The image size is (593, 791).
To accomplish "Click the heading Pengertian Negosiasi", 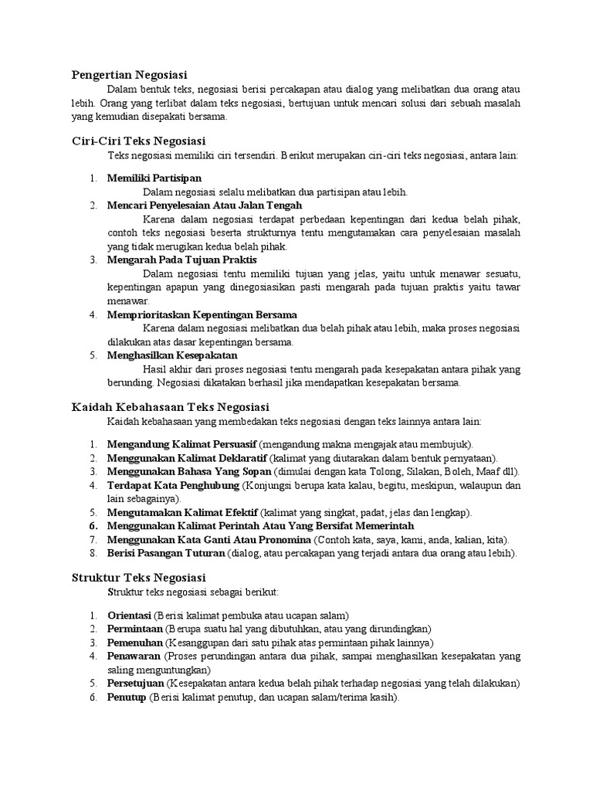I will click(130, 75).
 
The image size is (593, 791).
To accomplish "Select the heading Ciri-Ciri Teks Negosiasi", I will click(138, 141).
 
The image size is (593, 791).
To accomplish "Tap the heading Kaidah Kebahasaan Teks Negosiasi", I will click(170, 406).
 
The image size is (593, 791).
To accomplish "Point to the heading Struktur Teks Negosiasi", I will click(138, 577).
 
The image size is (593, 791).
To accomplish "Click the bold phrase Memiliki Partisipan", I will click(154, 178).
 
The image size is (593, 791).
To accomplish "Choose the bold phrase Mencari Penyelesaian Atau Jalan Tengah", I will click(205, 205).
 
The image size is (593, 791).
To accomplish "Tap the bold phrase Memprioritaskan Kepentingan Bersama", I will click(202, 314).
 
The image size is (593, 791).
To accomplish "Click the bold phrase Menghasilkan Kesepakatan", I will click(172, 355).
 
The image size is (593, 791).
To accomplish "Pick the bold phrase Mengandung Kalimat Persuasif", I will click(181, 444).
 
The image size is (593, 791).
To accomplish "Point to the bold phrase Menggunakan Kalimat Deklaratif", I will click(185, 458).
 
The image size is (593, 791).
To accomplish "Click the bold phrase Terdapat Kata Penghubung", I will click(174, 486).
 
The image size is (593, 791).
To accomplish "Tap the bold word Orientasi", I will click(129, 616).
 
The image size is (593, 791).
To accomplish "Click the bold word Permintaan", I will click(134, 629).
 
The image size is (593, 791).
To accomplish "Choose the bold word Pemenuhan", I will click(134, 643).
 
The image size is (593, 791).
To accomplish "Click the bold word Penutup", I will click(127, 698).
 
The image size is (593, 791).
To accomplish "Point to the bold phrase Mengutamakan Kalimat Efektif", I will click(182, 513).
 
